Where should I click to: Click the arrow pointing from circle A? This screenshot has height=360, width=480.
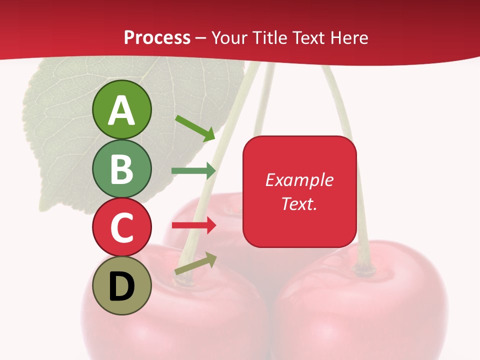click(x=195, y=127)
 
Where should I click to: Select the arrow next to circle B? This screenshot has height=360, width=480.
click(x=193, y=171)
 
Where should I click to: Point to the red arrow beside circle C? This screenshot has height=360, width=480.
click(x=193, y=225)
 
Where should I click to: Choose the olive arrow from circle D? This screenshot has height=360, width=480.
click(x=195, y=264)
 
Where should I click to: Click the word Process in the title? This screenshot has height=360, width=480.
click(x=157, y=37)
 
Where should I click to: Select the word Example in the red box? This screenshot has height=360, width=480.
click(x=299, y=180)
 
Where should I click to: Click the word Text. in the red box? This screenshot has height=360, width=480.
click(x=299, y=203)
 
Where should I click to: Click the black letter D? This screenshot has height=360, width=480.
click(x=121, y=287)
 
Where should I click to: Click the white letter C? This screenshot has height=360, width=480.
click(x=121, y=227)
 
